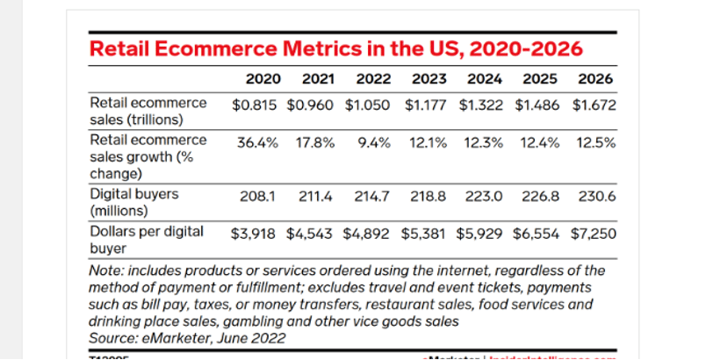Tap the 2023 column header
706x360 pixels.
[x=429, y=78]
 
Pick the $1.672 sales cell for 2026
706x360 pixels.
[x=594, y=105]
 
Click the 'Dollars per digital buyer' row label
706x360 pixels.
[x=147, y=239]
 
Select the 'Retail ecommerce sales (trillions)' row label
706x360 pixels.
[x=148, y=111]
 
